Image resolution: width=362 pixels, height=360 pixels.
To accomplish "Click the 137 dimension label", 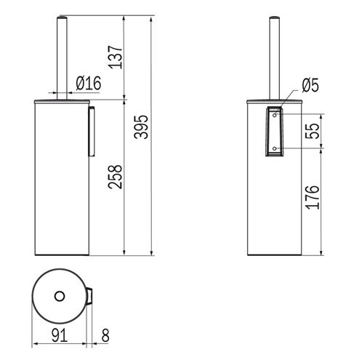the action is [x=116, y=57].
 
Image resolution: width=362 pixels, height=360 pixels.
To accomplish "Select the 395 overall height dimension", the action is [x=141, y=127].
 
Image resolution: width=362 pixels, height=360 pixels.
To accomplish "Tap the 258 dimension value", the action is [x=115, y=177].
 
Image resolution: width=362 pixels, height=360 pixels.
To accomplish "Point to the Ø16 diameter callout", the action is [x=89, y=83].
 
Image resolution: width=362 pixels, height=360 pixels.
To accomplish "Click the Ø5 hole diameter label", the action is [x=310, y=85].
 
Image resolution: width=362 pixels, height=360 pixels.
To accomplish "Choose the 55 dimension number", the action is [x=312, y=131].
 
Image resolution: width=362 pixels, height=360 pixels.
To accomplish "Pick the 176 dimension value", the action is [x=312, y=197].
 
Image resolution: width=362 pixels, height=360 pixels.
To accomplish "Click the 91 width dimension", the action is [x=60, y=335].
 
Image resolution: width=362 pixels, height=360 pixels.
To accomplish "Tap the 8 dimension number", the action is [x=105, y=335].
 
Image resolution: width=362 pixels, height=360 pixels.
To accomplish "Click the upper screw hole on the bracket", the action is [x=275, y=115].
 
